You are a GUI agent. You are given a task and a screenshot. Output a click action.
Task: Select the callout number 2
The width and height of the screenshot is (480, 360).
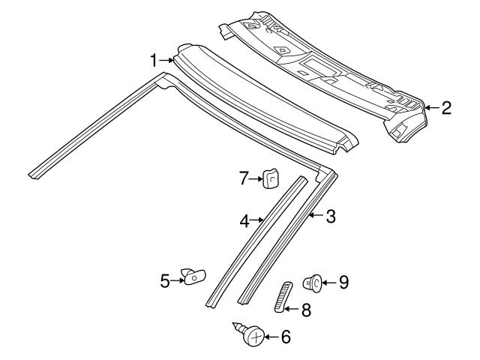tap(445, 108)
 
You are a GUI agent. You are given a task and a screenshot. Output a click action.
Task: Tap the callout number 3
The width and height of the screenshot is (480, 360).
tap(330, 217)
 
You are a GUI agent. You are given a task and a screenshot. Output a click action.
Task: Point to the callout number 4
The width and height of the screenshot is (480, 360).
tap(244, 220)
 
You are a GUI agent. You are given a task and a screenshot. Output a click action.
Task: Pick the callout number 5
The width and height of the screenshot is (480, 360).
tap(166, 280)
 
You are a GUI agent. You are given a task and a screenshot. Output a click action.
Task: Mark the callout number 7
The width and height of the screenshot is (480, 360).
tap(243, 178)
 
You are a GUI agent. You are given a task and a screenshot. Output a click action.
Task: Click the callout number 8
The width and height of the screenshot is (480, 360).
tap(307, 307)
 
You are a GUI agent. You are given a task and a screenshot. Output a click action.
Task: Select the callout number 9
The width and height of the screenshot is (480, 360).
tap(343, 282)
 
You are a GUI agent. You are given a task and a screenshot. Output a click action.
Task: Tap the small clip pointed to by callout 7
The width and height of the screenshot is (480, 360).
tap(271, 179)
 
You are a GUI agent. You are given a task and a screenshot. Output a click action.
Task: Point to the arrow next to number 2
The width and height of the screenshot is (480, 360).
tap(430, 108)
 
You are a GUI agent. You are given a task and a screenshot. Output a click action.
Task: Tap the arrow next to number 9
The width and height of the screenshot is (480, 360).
tap(330, 282)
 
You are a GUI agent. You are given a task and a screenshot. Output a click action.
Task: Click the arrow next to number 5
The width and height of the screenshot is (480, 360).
tap(178, 280)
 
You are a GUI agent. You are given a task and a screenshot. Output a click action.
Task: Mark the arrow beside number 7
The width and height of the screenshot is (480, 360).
tap(255, 178)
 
